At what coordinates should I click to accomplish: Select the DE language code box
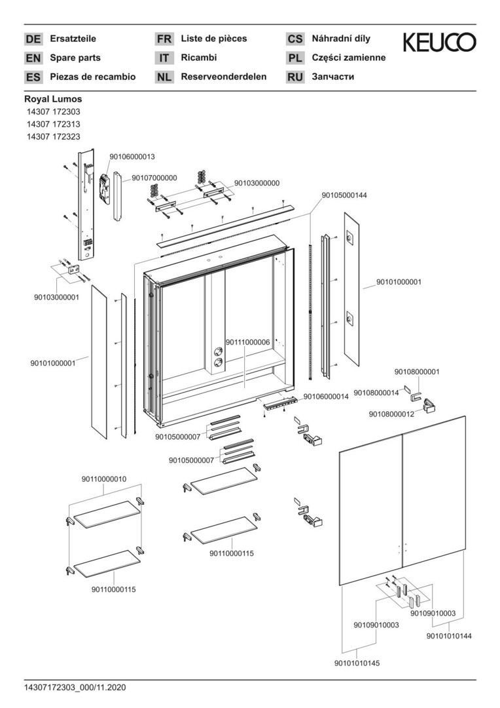[x=33, y=39]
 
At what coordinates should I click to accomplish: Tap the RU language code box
[x=295, y=77]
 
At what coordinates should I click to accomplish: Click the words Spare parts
[x=75, y=58]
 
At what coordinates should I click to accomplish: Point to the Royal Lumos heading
[x=53, y=99]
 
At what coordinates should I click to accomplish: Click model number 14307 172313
[x=54, y=124]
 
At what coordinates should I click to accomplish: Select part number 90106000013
[x=132, y=157]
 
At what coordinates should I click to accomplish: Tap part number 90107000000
[x=154, y=178]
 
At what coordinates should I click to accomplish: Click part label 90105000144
[x=344, y=195]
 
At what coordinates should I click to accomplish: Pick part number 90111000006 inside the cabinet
[x=248, y=342]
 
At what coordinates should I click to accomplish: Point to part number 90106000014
[x=326, y=397]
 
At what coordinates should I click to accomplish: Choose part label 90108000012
[x=391, y=414]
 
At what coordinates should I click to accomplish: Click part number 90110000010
[x=104, y=479]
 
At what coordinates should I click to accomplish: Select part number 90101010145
[x=357, y=663]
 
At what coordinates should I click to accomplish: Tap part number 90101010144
[x=449, y=636]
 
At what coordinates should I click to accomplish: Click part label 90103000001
[x=56, y=297]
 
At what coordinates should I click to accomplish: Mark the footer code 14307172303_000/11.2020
[x=75, y=688]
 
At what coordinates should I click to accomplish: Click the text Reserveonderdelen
[x=224, y=77]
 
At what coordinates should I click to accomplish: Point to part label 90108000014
[x=376, y=393]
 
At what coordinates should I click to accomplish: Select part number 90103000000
[x=257, y=183]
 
